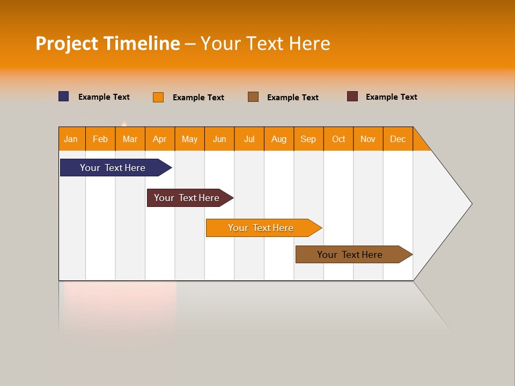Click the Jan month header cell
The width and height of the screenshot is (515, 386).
pyautogui.click(x=71, y=139)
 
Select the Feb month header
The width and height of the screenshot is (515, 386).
pyautogui.click(x=100, y=139)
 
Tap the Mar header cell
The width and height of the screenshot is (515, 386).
pyautogui.click(x=130, y=139)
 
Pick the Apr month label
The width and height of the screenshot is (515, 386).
pyautogui.click(x=160, y=139)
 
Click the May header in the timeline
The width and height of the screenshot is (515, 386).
pyautogui.click(x=189, y=139)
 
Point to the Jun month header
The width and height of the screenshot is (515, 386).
pyautogui.click(x=219, y=139)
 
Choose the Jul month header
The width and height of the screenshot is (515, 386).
pyautogui.click(x=249, y=139)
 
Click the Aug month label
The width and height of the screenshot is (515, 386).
pyautogui.click(x=279, y=139)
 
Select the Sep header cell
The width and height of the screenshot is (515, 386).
pyautogui.click(x=308, y=139)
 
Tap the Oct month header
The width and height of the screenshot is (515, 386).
pyautogui.click(x=339, y=139)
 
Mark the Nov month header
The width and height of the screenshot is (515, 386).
pyautogui.click(x=368, y=139)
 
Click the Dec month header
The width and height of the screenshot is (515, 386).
pyautogui.click(x=398, y=139)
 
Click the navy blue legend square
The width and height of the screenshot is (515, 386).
pyautogui.click(x=64, y=96)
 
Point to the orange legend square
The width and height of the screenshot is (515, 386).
pyautogui.click(x=158, y=97)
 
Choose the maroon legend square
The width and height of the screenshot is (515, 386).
pyautogui.click(x=352, y=96)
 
